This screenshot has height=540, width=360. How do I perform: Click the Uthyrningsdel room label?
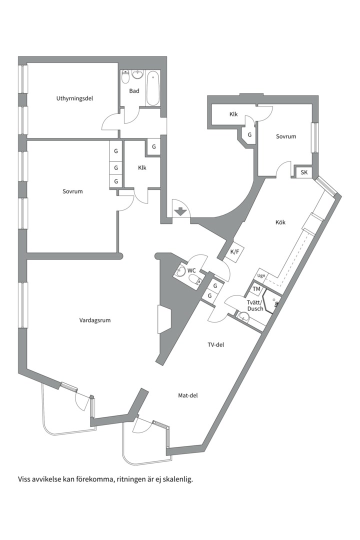[x=75, y=98]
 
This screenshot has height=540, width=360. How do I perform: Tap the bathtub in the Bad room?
[x=152, y=88]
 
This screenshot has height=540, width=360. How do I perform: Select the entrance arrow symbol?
[x=180, y=211]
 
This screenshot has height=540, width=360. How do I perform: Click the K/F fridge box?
[x=234, y=252]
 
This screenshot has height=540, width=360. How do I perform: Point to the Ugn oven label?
[x=261, y=275]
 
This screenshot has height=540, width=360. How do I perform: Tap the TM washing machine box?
[x=256, y=289]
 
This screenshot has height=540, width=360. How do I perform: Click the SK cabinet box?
[x=304, y=172]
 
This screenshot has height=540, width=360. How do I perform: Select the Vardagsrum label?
[x=94, y=320]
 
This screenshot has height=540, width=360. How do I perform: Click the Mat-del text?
[x=188, y=395]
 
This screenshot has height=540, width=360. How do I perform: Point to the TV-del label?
[x=215, y=344]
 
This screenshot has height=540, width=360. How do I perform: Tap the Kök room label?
[x=280, y=222]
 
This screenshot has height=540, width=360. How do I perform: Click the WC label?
[x=191, y=270]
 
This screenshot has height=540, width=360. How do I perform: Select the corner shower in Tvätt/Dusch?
[x=272, y=301]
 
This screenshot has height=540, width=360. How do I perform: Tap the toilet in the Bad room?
[x=125, y=77]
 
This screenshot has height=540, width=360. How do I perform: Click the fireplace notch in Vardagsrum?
[x=164, y=319]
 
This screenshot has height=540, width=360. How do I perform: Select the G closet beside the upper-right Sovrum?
[x=249, y=135]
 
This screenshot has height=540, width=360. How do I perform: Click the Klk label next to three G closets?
[x=142, y=167]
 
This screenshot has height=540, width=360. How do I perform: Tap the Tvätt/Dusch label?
[x=255, y=306]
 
